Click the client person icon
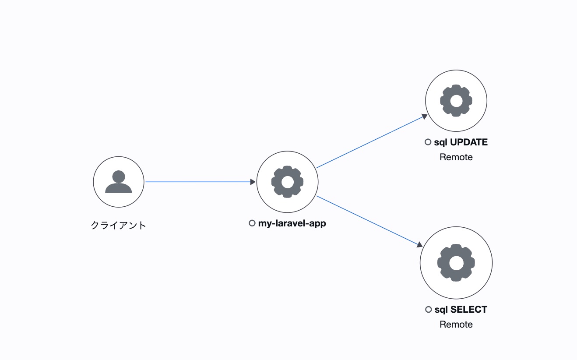tap(119, 182)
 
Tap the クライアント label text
tap(119, 226)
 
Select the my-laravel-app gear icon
tap(287, 182)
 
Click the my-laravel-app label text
tap(292, 223)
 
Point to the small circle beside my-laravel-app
tap(252, 223)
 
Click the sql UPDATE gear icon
tap(456, 101)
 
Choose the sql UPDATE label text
tap(461, 142)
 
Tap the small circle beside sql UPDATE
tap(428, 142)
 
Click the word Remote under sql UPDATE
tap(456, 157)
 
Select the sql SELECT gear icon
tap(456, 263)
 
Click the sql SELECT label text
tap(461, 310)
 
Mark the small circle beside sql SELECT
tap(428, 310)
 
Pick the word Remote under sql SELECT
tap(456, 325)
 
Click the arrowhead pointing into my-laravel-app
tap(253, 182)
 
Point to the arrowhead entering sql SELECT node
tap(419, 244)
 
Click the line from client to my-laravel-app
tap(197, 182)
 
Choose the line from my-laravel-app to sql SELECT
tap(368, 220)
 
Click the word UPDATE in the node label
tap(469, 142)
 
